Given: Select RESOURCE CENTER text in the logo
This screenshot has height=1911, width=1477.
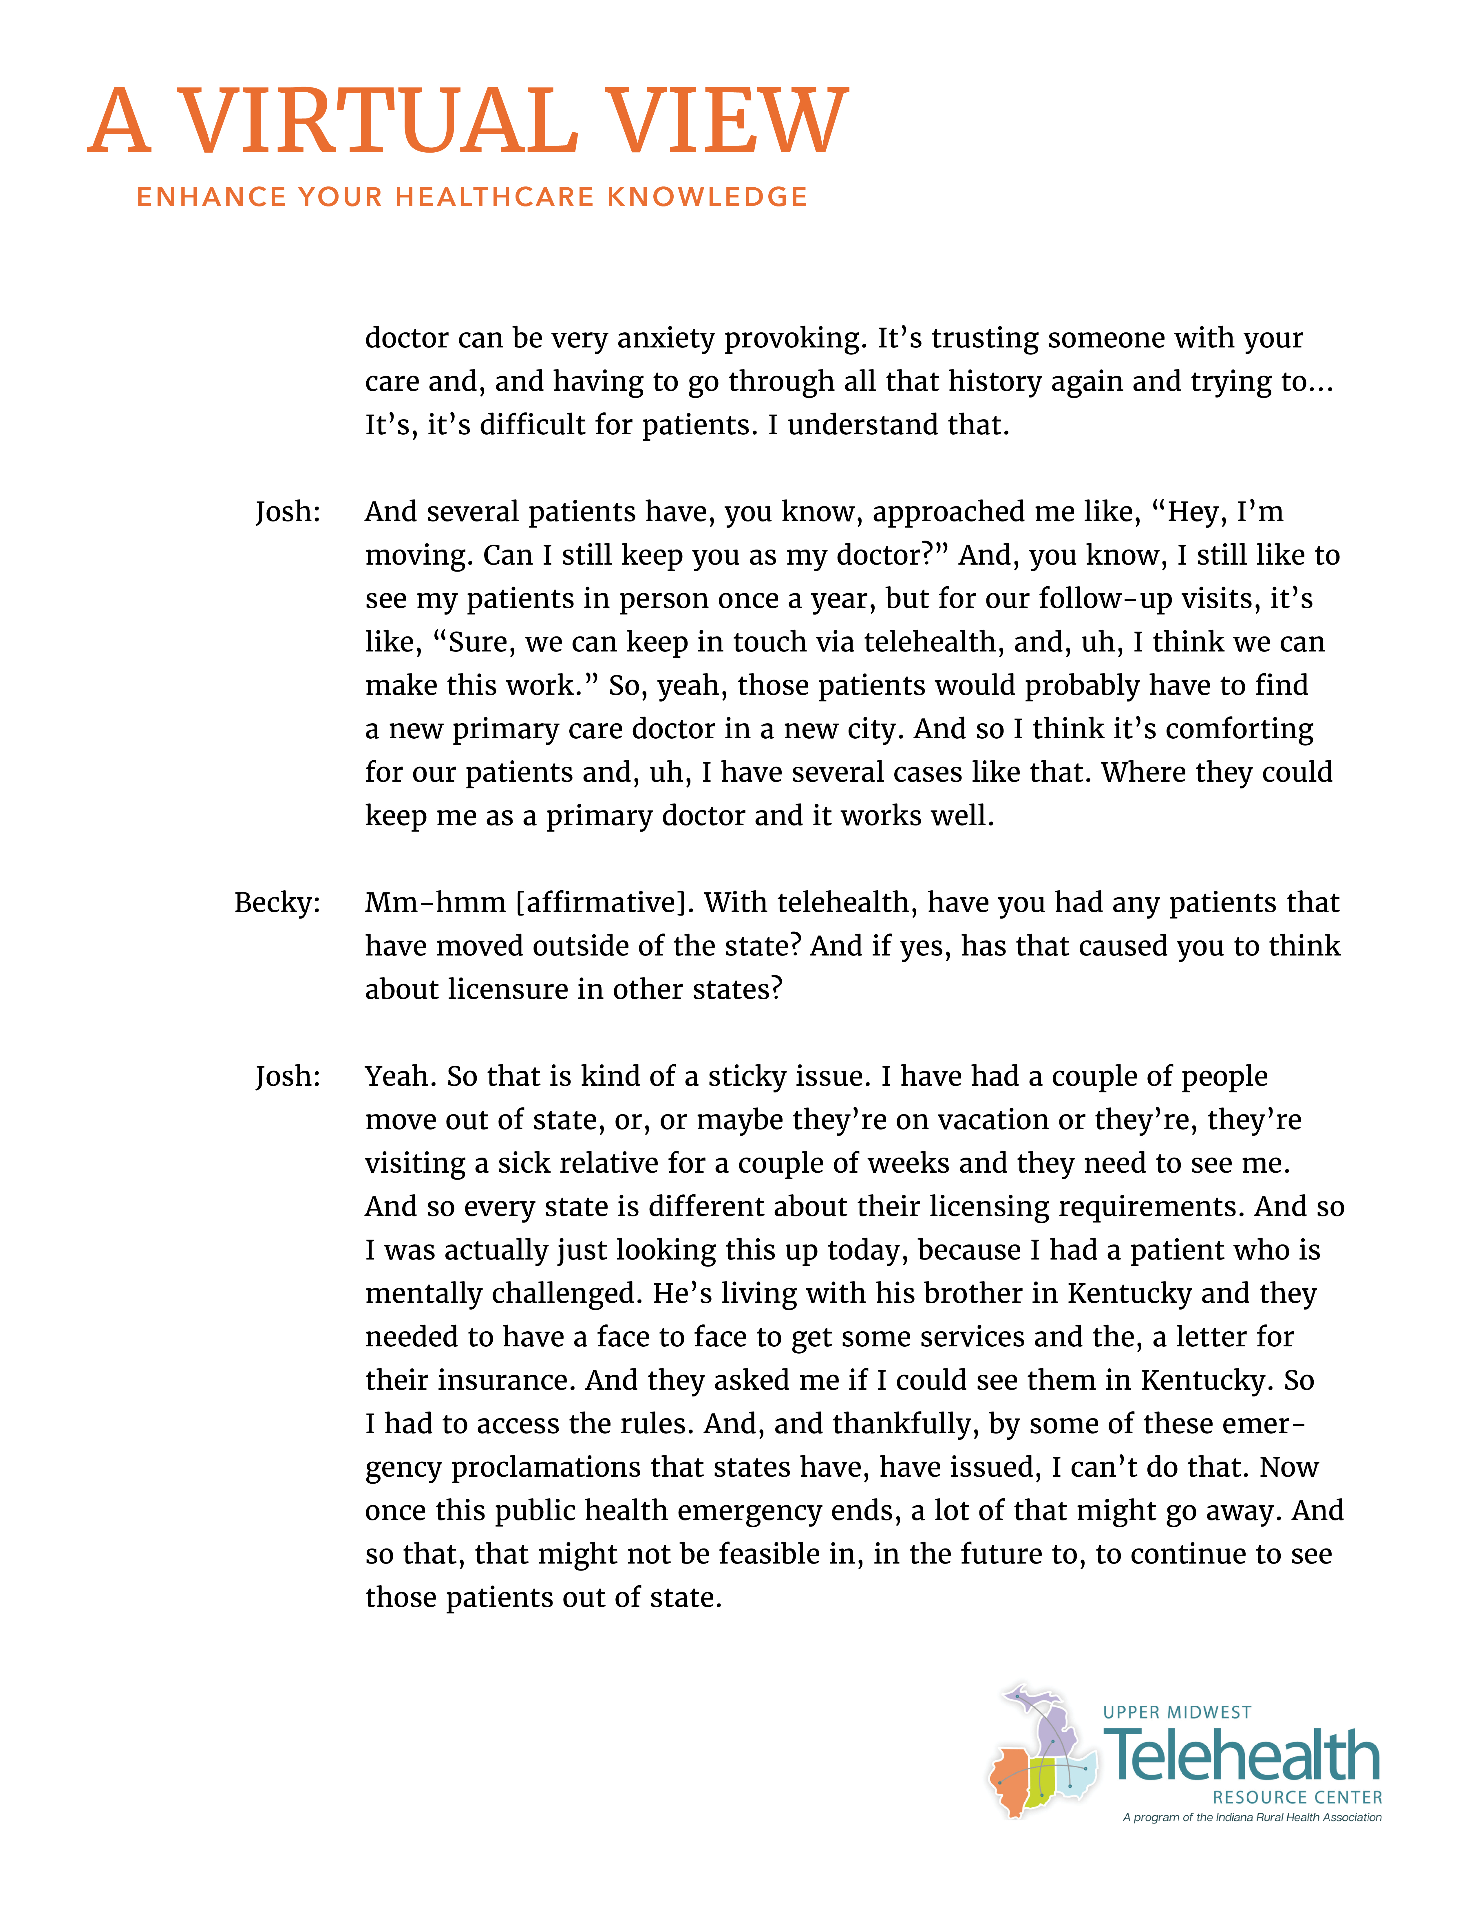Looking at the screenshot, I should click(x=1297, y=1797).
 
